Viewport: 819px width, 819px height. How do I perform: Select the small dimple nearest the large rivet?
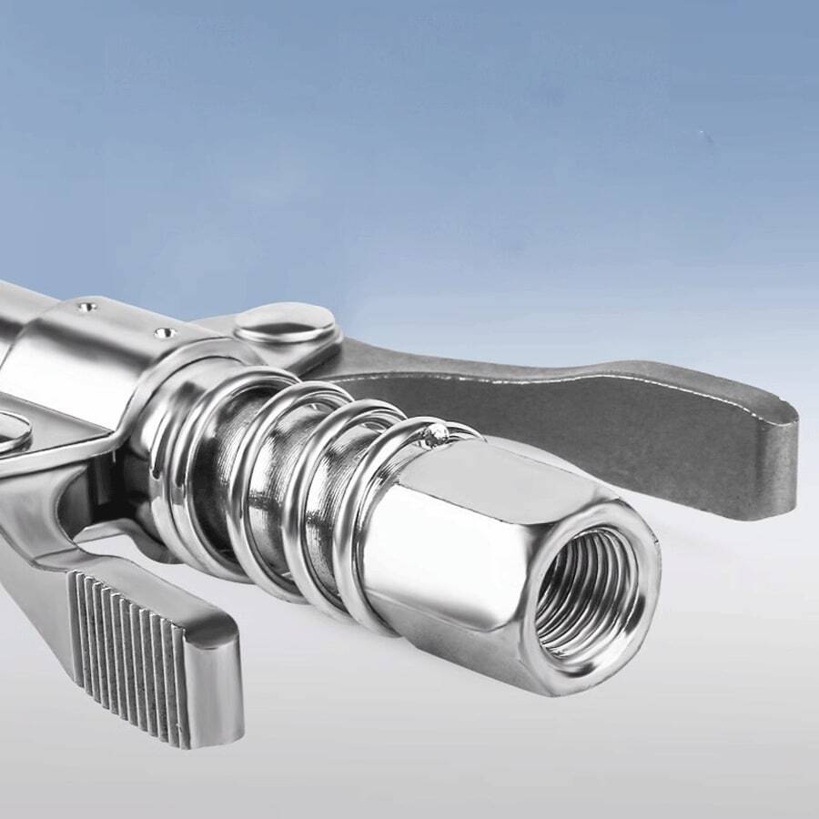click(166, 333)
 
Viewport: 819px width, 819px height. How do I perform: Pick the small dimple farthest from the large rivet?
click(87, 308)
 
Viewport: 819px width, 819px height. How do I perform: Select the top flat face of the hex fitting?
click(510, 473)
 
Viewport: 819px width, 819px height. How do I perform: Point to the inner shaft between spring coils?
click(264, 491)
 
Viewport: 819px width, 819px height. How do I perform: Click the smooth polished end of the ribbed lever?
click(214, 673)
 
